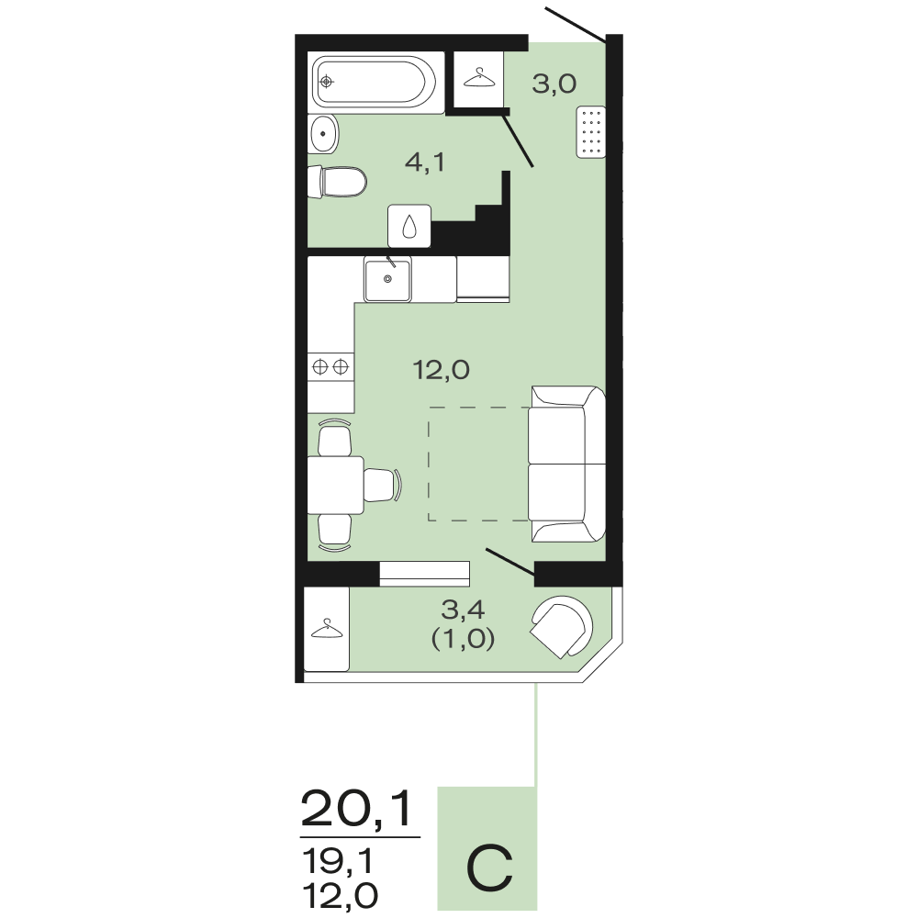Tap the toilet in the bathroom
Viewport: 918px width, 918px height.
[x=337, y=182]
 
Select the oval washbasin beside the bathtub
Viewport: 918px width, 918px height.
[x=323, y=134]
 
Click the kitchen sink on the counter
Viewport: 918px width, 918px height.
[x=387, y=279]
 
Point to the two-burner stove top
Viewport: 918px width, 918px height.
[x=330, y=367]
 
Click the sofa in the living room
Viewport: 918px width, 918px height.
[x=566, y=464]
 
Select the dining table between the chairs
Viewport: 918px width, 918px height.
[x=336, y=485]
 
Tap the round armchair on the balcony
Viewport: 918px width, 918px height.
[x=561, y=626]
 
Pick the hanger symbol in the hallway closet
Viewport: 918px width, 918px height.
[x=479, y=78]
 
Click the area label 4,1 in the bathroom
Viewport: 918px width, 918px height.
[x=425, y=162]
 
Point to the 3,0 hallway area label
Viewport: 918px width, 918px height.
[x=554, y=84]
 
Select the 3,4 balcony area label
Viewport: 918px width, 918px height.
[x=463, y=610]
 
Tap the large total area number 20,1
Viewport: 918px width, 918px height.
[x=357, y=809]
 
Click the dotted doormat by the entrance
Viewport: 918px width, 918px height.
[x=590, y=132]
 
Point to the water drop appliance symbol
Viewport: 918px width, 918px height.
[x=409, y=226]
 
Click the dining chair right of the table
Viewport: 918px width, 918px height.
[x=383, y=485]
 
